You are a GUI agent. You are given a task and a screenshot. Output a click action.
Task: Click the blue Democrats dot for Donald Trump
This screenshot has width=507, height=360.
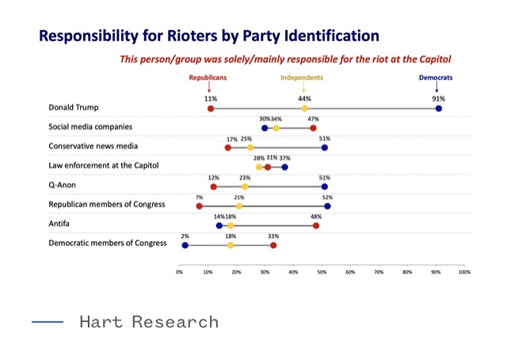[438, 108]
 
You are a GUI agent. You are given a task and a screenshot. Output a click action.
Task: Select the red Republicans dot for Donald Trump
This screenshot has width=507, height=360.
[210, 108]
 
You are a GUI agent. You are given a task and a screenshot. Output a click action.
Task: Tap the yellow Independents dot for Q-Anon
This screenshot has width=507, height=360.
[245, 186]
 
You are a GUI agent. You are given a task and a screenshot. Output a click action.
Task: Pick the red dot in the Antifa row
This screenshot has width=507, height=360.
[316, 225]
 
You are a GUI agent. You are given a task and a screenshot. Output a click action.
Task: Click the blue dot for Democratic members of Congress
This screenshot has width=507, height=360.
[185, 245]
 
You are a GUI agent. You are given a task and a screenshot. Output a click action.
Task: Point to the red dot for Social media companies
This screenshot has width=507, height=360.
[313, 128]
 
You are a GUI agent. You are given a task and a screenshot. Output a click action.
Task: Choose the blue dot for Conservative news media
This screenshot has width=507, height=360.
[324, 147]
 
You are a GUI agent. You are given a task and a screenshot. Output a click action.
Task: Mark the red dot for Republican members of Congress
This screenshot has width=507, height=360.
[199, 206]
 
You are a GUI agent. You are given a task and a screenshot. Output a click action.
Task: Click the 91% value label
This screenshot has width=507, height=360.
[438, 98]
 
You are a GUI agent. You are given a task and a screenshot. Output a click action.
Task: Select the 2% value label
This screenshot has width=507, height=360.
[185, 236]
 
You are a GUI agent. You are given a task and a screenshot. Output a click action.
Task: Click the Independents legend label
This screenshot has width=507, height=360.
[302, 78]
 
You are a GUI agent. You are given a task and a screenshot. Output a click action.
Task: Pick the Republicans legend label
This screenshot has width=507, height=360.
[208, 78]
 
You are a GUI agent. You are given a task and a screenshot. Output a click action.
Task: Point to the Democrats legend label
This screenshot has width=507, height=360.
[436, 78]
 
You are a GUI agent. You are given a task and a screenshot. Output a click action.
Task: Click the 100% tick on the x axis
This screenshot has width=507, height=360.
[464, 272]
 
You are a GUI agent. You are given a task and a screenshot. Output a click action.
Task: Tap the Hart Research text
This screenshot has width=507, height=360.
[149, 321]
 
